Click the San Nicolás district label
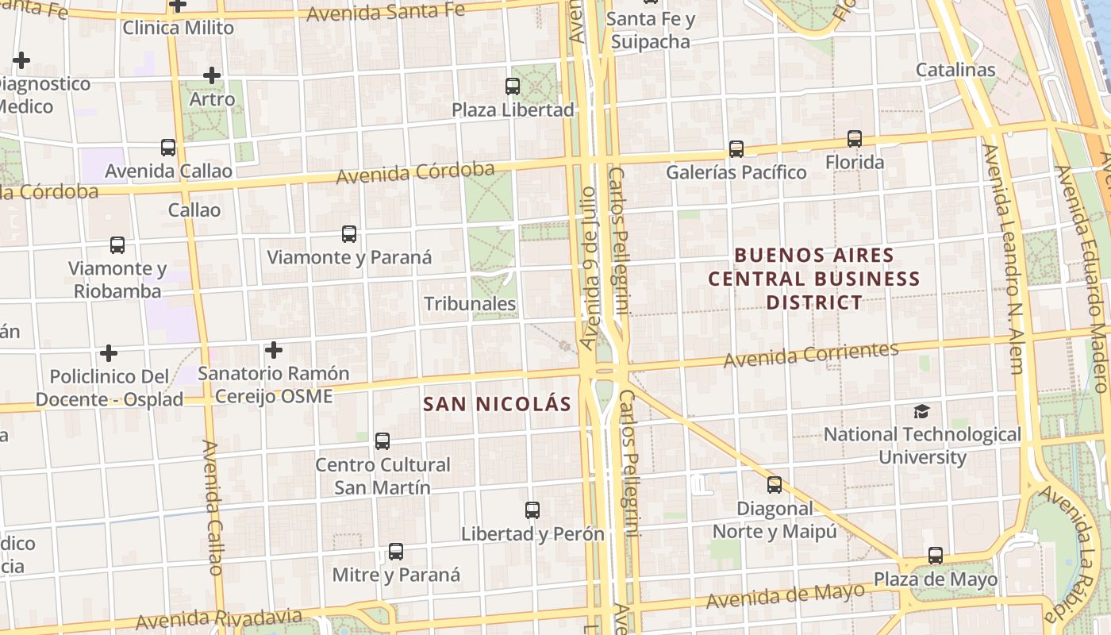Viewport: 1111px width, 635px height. point(497,404)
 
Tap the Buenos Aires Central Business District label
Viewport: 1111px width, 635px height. point(814,279)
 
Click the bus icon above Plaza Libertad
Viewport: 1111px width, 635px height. point(513,87)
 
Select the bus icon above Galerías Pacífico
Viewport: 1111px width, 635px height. point(736,148)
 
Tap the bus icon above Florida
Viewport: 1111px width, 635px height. point(855,139)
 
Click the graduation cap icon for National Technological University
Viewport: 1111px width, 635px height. point(921,411)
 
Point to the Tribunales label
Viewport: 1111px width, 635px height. point(470,304)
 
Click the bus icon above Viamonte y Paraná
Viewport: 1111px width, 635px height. point(349,234)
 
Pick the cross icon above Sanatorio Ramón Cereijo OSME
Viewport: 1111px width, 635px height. point(274,349)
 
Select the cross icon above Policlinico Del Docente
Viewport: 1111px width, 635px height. point(109,352)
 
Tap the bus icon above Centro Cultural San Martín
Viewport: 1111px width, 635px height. point(383,441)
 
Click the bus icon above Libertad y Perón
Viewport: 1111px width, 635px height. point(532,510)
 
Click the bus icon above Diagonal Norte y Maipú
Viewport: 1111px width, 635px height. point(775,485)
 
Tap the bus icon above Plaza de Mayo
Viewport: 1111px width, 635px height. point(936,556)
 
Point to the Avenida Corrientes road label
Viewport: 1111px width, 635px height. point(810,354)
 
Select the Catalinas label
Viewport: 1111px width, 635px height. point(955,70)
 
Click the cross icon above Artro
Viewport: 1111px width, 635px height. point(212,76)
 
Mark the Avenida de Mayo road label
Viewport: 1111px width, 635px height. point(785,595)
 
